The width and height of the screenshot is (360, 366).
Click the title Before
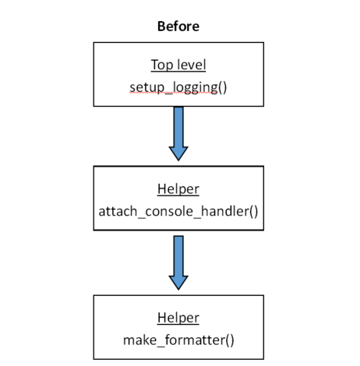coord(178,26)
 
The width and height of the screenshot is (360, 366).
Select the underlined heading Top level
coord(178,65)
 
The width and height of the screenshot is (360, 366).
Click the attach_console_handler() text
coord(178,211)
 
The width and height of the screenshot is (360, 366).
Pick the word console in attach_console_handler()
coord(167,211)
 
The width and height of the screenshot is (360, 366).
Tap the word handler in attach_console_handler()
coord(224,211)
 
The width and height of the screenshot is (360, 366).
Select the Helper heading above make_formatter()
coord(178,318)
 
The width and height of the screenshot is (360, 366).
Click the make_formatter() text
coord(178,339)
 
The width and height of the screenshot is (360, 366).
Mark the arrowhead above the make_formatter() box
coord(178,280)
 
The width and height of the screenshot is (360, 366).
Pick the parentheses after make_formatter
coord(229,339)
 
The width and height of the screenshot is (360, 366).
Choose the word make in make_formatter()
coord(138,339)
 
